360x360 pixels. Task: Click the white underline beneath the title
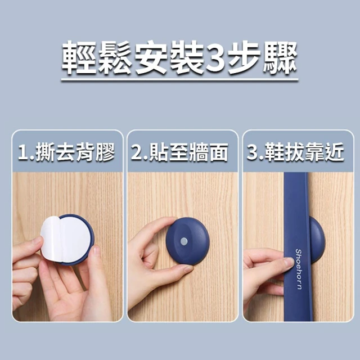[x=180, y=80]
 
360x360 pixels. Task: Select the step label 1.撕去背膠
[x=66, y=152]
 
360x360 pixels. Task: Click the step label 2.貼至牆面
[x=179, y=152]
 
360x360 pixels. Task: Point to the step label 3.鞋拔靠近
[x=295, y=152]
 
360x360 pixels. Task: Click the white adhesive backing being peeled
[x=65, y=238]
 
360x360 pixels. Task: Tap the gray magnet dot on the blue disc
[x=184, y=241]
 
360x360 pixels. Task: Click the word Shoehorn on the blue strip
[x=299, y=269]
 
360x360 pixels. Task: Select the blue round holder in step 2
[x=187, y=241]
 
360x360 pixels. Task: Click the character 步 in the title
[x=245, y=57]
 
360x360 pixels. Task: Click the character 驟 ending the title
[x=280, y=57]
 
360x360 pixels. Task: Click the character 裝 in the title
[x=186, y=57]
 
